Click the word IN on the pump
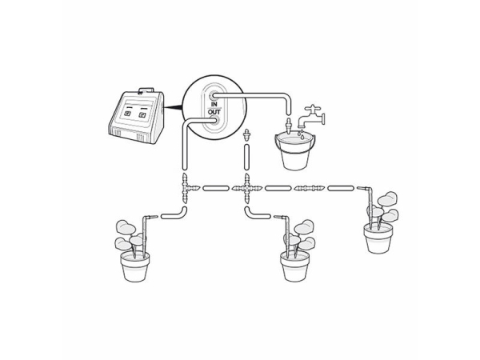(214, 103)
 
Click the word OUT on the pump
(214, 111)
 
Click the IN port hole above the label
(214, 95)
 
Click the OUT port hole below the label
(214, 120)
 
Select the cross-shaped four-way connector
(246, 189)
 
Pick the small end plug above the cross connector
(246, 134)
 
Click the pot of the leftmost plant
(134, 266)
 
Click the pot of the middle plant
(294, 266)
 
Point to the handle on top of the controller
(146, 90)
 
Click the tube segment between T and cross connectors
(216, 189)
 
